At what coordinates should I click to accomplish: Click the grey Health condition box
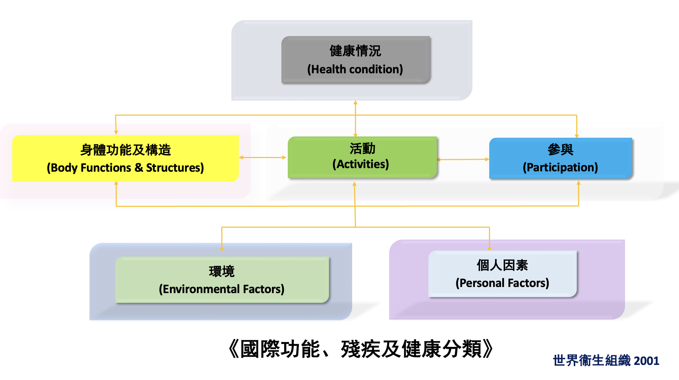pos(356,60)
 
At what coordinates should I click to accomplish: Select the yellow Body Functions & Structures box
pos(125,158)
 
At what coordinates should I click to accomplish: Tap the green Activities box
pos(362,157)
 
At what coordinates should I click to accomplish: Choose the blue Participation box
pos(560,158)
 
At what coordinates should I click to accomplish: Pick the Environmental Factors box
pos(222,280)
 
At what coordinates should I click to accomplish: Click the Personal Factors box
pos(502,274)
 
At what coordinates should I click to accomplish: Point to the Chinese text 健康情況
pos(355,51)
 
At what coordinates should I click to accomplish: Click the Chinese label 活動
pos(362,148)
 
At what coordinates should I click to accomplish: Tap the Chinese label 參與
pos(560,149)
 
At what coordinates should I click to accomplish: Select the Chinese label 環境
pos(222,271)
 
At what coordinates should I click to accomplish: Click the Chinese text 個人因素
pos(502,265)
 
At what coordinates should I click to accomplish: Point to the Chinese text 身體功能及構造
pos(125,150)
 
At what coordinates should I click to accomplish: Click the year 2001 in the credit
pos(647,361)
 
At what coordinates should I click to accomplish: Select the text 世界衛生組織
pos(592,361)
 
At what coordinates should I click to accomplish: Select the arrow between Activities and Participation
pos(463,159)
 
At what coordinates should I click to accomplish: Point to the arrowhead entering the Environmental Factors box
pos(222,249)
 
